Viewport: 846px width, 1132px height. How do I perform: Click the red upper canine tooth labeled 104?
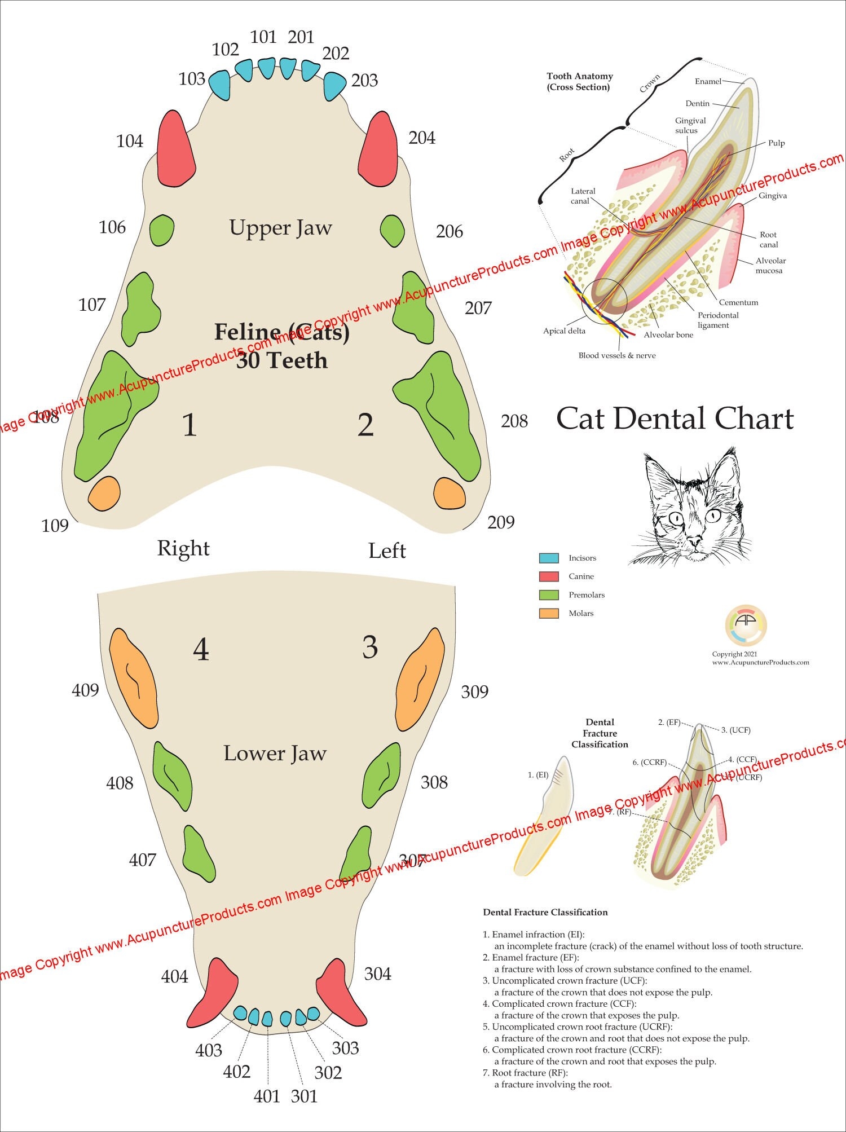[175, 150]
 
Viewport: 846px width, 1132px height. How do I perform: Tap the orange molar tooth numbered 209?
[450, 493]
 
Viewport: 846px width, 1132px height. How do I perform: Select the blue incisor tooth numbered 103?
[220, 85]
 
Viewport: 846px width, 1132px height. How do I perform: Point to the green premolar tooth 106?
[162, 230]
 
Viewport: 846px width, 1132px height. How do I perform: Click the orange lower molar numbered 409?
[134, 678]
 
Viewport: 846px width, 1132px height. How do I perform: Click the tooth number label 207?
[478, 308]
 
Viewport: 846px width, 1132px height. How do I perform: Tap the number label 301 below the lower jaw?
[304, 1096]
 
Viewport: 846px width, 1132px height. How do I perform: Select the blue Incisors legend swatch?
[549, 558]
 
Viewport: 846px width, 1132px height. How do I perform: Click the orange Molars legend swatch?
[549, 613]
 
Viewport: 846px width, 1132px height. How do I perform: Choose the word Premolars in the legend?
[587, 595]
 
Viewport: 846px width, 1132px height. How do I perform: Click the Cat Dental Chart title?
[675, 419]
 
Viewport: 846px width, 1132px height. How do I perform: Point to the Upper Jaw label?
[280, 228]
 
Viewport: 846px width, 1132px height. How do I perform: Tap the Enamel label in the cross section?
[708, 81]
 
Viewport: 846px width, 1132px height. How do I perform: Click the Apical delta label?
[564, 331]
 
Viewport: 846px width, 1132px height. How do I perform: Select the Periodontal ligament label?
[717, 320]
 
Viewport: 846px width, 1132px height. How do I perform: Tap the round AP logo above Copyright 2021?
[746, 626]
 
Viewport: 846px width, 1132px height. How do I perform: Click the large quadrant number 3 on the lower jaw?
[369, 647]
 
